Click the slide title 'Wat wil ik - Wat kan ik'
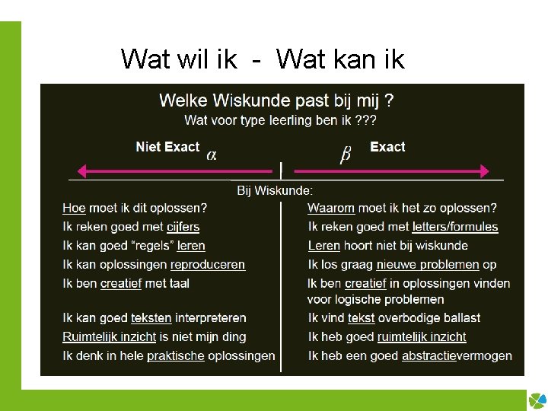coord(263,59)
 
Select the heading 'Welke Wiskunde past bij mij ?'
coord(276,100)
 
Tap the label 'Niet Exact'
coord(167,147)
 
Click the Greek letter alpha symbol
coord(212,155)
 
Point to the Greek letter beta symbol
coord(345,155)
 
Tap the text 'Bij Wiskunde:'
coord(275,190)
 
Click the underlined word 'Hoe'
coord(74,208)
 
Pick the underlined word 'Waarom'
coord(331,208)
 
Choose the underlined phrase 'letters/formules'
coord(455,227)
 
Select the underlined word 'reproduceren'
coord(208,265)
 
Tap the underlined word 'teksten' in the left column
coord(152,318)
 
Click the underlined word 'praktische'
coord(176,355)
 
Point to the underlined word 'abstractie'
coord(429,355)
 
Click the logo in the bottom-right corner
coord(537,400)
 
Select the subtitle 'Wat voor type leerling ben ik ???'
coord(280,120)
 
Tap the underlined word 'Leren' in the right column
coord(323,246)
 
